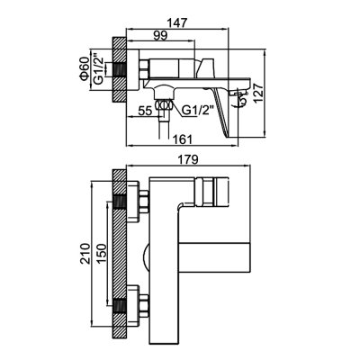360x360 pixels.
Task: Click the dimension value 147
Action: pyautogui.click(x=177, y=23)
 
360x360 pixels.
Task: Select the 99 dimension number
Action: pyautogui.click(x=160, y=36)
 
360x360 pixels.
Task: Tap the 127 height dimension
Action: pyautogui.click(x=258, y=94)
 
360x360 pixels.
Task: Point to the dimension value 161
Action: pyautogui.click(x=182, y=139)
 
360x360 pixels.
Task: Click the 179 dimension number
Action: pyautogui.click(x=189, y=159)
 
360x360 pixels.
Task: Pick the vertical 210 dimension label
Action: pyautogui.click(x=85, y=254)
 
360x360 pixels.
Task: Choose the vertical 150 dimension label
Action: pyautogui.click(x=102, y=254)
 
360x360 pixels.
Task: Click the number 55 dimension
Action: pyautogui.click(x=145, y=111)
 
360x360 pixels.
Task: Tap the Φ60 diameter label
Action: pyautogui.click(x=85, y=68)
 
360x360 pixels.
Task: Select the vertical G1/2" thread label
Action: pyautogui.click(x=99, y=69)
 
